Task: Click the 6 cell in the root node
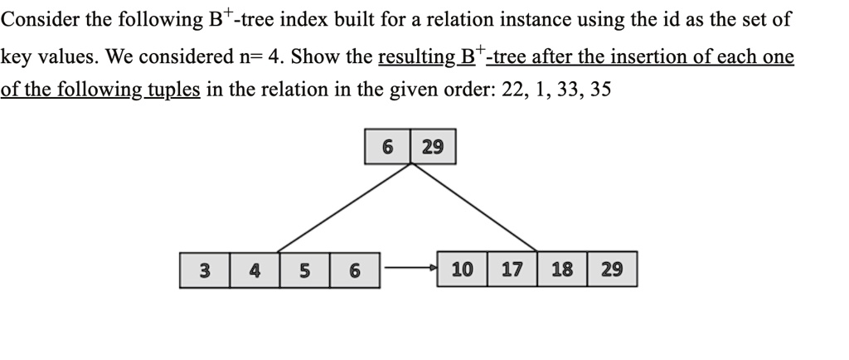(387, 147)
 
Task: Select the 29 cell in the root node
(433, 147)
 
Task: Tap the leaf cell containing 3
(204, 270)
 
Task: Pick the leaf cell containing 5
(304, 270)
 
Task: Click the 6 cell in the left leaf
(355, 270)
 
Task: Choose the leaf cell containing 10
(463, 270)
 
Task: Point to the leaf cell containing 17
(512, 270)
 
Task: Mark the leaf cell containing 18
(562, 270)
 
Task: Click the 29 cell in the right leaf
(612, 270)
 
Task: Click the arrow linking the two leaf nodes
(409, 269)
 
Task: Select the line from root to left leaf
(344, 207)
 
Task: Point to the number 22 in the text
(514, 90)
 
